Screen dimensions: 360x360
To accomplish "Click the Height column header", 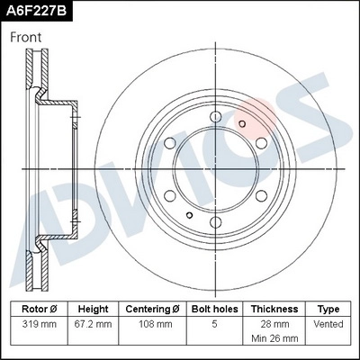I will click(x=93, y=308).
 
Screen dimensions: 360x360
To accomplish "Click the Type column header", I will click(x=328, y=308).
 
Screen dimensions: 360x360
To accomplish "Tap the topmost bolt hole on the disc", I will click(x=216, y=114).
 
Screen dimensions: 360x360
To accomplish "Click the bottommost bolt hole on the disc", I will click(x=216, y=221).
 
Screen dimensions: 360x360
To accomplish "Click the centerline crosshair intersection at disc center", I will click(x=216, y=168).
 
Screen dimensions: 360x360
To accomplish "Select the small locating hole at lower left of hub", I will click(x=189, y=214).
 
